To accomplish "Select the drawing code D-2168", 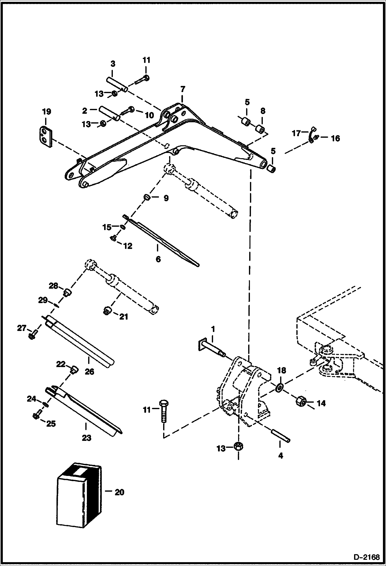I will pyautogui.click(x=366, y=557).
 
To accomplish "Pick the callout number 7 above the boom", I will pyautogui.click(x=182, y=90).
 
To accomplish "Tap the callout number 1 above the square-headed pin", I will pyautogui.click(x=213, y=329).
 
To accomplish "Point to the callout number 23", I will pyautogui.click(x=87, y=438).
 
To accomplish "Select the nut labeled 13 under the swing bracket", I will pyautogui.click(x=238, y=446).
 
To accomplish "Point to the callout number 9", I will pyautogui.click(x=166, y=198).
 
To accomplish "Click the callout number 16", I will pyautogui.click(x=335, y=138).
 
